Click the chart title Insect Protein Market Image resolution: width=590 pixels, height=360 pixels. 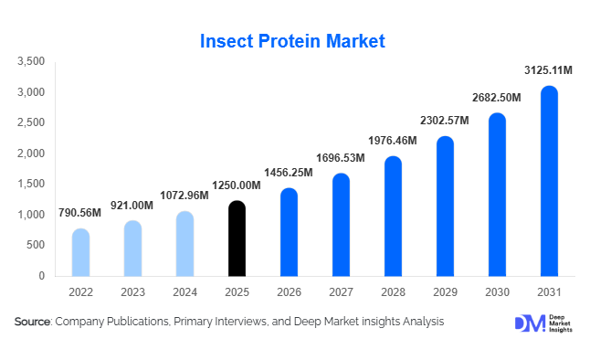(293, 41)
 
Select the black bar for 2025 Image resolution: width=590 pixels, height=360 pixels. (237, 238)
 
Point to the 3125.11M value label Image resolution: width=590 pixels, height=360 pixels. (547, 70)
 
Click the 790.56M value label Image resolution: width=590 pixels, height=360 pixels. (80, 214)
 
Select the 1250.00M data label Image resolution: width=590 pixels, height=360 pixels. (236, 185)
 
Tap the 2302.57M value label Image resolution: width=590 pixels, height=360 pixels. (444, 121)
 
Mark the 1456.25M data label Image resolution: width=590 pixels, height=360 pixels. (288, 173)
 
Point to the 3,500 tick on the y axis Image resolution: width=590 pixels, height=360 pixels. (32, 62)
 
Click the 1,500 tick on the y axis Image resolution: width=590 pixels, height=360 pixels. (32, 185)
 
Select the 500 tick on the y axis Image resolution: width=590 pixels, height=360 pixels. (37, 245)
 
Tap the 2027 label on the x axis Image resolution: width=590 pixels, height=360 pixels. (340, 291)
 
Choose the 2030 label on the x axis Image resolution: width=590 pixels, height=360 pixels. (496, 291)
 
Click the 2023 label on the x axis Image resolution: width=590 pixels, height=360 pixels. (132, 291)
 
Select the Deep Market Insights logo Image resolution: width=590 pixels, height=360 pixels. (543, 323)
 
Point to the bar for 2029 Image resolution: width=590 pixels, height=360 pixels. (444, 206)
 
